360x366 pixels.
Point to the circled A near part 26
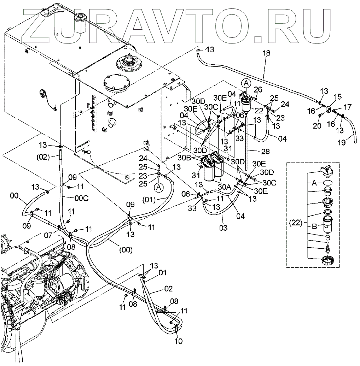tap(246, 83)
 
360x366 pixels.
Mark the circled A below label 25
tap(159, 187)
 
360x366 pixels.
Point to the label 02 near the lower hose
tap(168, 289)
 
